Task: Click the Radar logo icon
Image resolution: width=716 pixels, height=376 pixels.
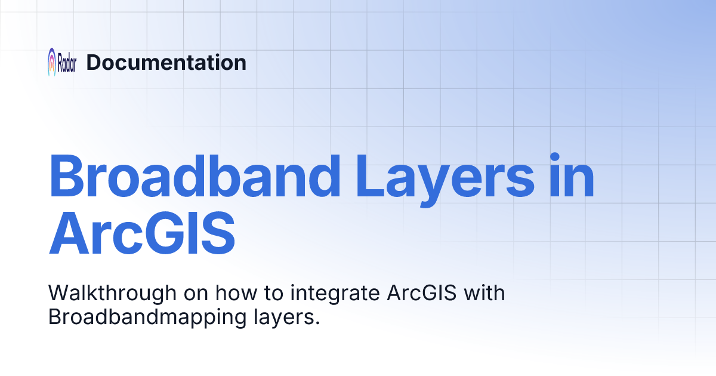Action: [x=53, y=61]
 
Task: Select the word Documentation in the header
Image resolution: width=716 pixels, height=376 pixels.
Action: [x=166, y=62]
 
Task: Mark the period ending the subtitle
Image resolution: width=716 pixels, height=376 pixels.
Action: [x=317, y=323]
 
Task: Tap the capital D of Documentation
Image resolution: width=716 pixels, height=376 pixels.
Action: [x=94, y=62]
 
